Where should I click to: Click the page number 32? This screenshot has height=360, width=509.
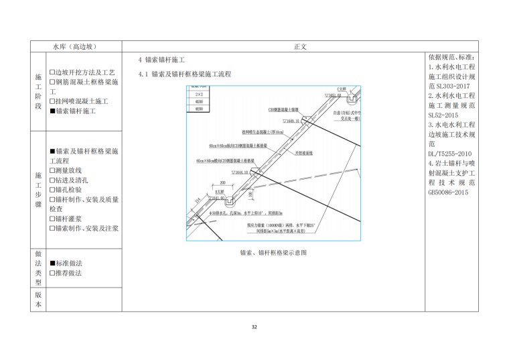[x=254, y=326]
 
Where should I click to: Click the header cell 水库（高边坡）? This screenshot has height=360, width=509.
[x=75, y=47]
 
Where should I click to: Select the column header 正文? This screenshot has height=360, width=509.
[x=299, y=47]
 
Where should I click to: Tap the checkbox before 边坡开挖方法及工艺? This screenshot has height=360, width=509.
[x=52, y=72]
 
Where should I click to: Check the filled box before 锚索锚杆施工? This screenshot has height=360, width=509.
[x=52, y=111]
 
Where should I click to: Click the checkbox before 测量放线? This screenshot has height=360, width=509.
[x=52, y=171]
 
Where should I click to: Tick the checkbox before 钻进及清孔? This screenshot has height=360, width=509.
[x=52, y=180]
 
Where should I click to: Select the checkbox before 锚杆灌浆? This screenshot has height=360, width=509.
[x=52, y=219]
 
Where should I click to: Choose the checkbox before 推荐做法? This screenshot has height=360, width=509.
[x=52, y=273]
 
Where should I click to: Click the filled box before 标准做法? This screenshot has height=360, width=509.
[x=52, y=263]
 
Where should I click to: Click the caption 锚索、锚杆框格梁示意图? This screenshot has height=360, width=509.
[x=273, y=253]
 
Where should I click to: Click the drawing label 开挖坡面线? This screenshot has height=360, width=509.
[x=306, y=154]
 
